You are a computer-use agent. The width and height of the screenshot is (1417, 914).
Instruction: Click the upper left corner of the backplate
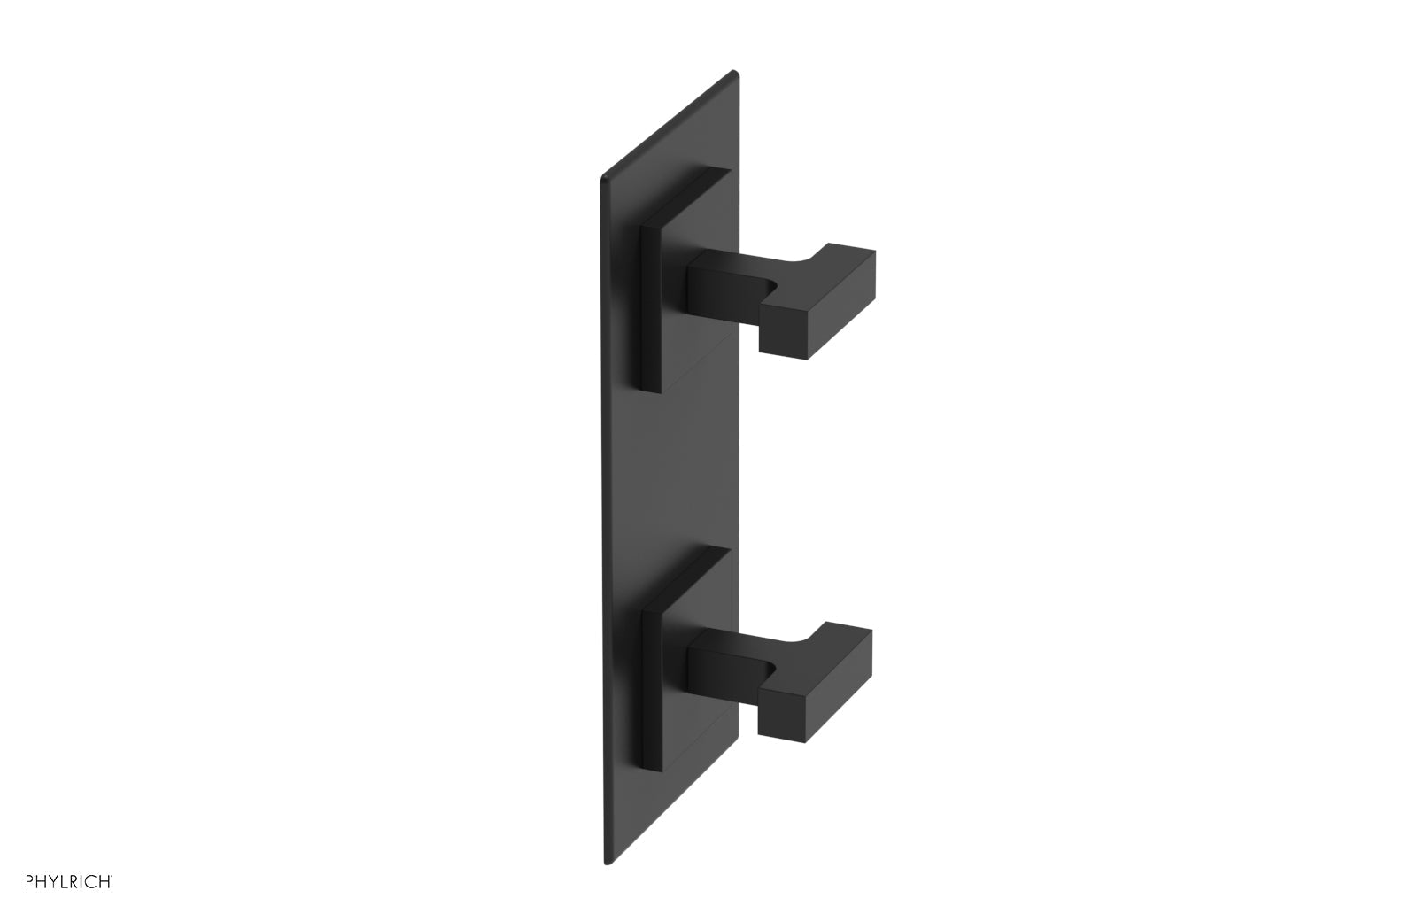tap(605, 168)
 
